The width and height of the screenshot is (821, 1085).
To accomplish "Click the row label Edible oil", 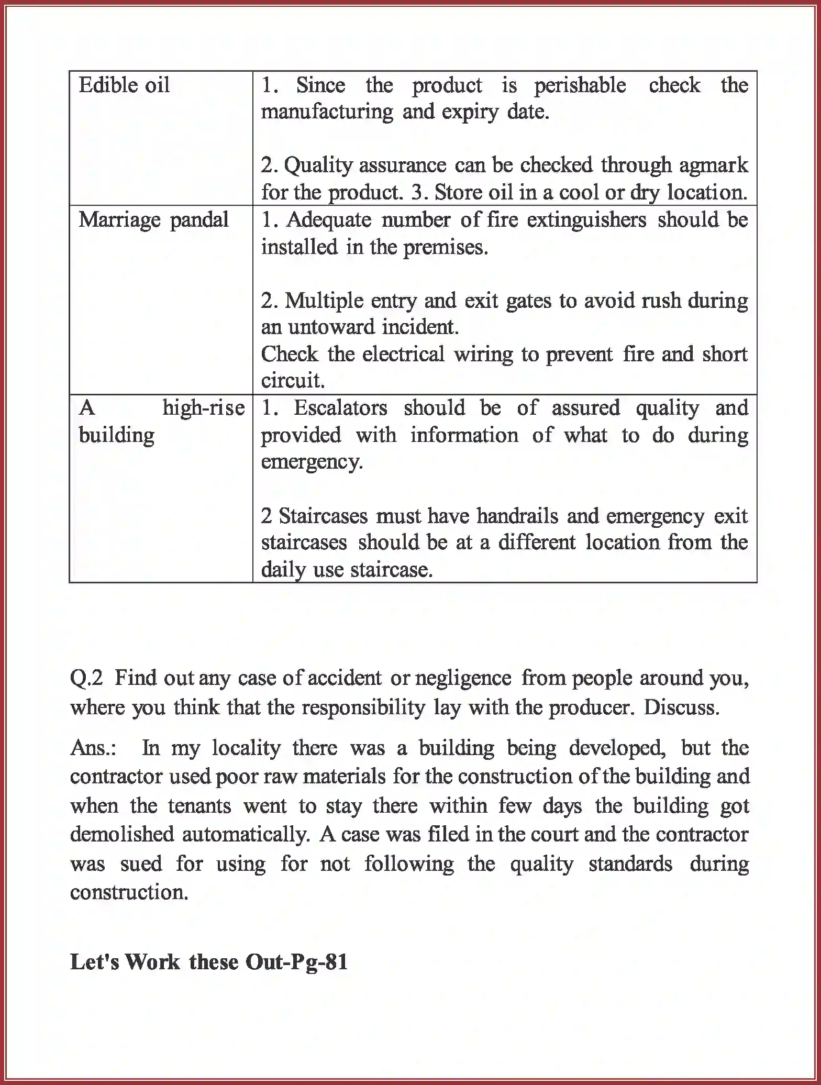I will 124,85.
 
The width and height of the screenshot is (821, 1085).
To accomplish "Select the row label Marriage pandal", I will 153,220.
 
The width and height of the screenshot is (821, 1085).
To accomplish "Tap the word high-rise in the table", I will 203,408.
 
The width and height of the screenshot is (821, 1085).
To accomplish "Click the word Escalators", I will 340,408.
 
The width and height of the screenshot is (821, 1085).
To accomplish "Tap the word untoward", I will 329,327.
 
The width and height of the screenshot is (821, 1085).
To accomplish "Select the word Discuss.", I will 681,707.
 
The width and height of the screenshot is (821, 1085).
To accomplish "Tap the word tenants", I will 199,805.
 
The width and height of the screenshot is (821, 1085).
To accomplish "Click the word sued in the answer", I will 141,863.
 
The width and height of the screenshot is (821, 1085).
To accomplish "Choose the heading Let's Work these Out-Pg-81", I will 209,962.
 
